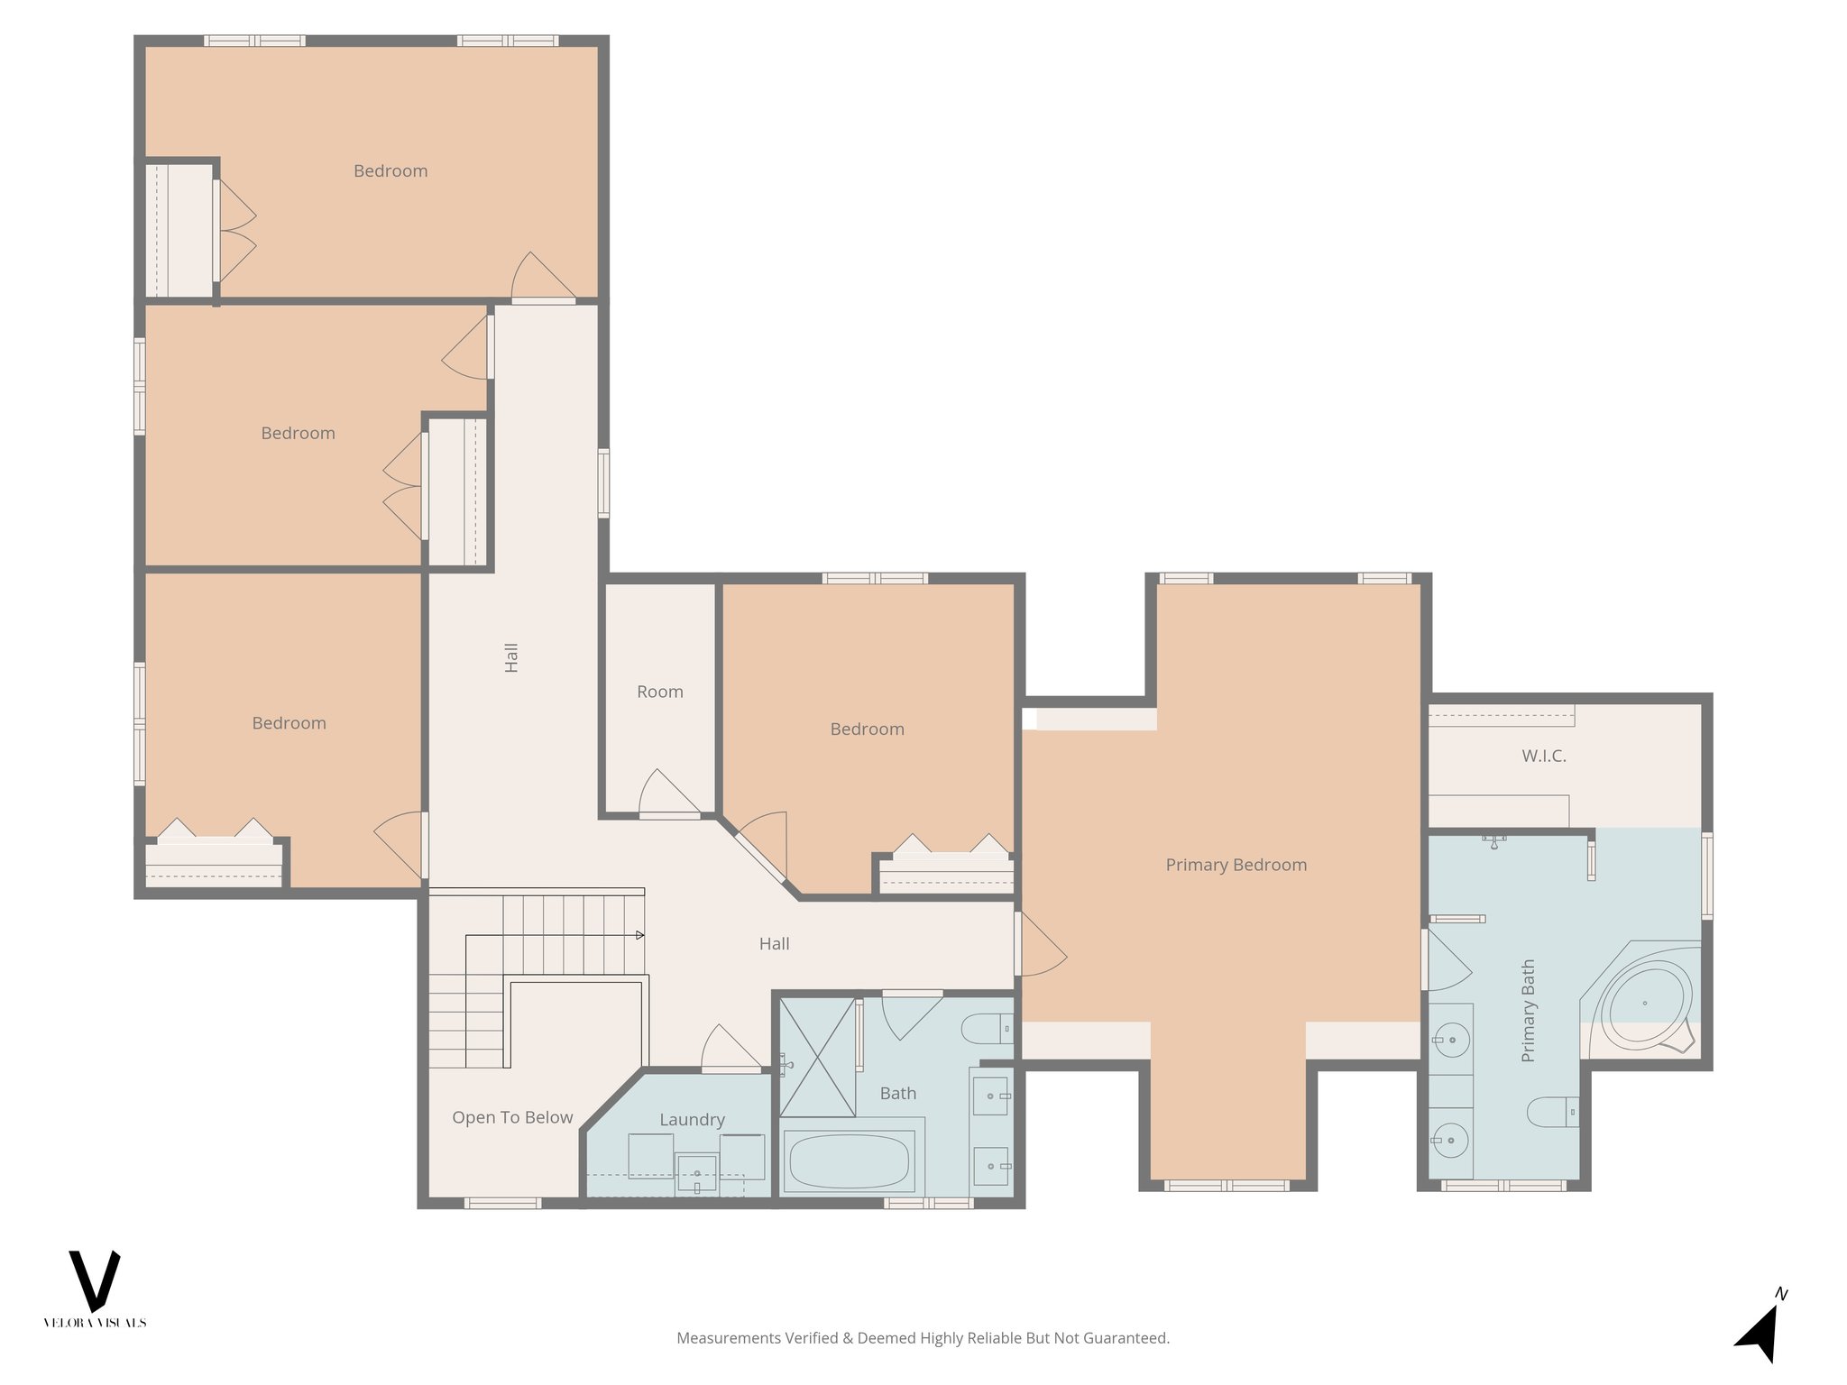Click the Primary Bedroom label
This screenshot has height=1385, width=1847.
pos(1236,865)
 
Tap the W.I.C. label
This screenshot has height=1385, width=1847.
pos(1543,756)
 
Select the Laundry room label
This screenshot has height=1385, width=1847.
pos(692,1119)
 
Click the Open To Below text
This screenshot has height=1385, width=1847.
pos(512,1117)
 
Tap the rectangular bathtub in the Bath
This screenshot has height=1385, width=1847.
pos(849,1161)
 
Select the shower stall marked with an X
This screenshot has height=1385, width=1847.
pos(817,1057)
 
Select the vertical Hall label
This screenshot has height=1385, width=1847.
pos(511,657)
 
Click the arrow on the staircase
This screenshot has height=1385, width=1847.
pos(639,935)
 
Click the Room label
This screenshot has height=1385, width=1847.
pos(659,692)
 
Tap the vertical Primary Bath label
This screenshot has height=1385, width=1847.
pos(1528,1010)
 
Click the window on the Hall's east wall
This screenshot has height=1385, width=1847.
pos(603,483)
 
